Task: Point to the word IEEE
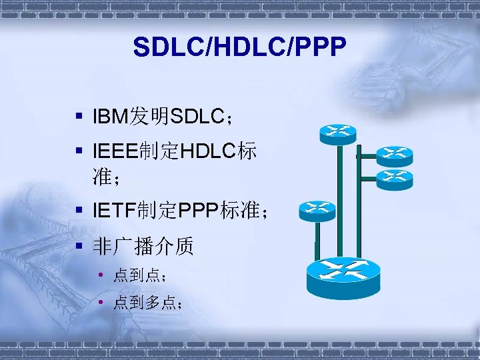click(116, 153)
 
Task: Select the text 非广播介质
click(143, 247)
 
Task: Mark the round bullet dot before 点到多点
click(100, 303)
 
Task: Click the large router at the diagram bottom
click(344, 277)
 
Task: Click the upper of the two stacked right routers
click(394, 155)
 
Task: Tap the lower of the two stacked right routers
click(394, 177)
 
